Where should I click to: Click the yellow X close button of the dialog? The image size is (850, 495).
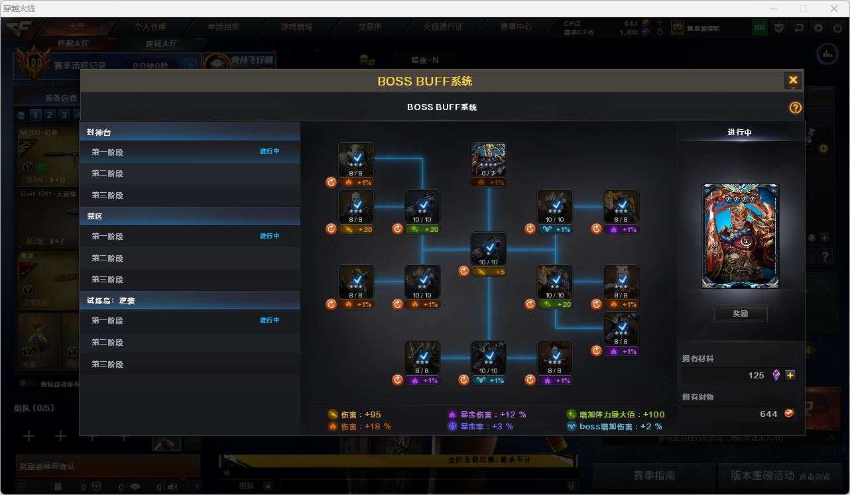click(792, 81)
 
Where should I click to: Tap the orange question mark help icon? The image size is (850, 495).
click(795, 108)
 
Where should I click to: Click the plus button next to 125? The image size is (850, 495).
click(790, 375)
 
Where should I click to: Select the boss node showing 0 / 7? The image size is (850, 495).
click(489, 160)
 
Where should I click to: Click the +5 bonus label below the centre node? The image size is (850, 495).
click(489, 272)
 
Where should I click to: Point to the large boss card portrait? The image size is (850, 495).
click(740, 236)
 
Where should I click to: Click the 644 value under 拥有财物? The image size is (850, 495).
click(768, 413)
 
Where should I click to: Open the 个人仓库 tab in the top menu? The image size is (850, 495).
click(151, 27)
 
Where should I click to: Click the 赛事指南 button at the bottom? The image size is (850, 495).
click(654, 476)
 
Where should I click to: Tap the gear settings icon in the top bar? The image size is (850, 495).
click(818, 28)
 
